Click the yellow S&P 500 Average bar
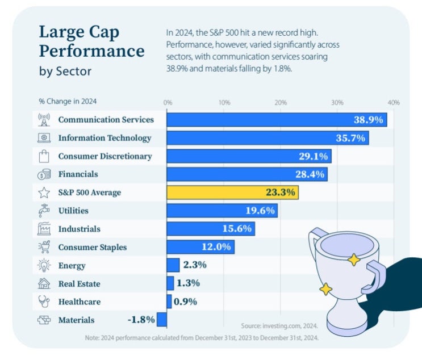tap(232, 192)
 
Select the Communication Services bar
tap(277, 120)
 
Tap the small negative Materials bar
tap(162, 320)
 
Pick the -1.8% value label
tap(141, 320)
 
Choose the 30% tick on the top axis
tap(337, 103)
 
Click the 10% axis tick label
tap(224, 103)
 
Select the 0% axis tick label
tap(168, 103)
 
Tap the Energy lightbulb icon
tap(44, 265)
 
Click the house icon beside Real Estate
tap(44, 283)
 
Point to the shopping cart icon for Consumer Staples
tap(44, 247)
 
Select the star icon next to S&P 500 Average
tap(44, 192)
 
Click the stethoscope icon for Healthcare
tap(44, 302)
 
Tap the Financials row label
tap(78, 174)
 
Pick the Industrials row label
tap(79, 229)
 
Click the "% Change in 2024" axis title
tap(68, 102)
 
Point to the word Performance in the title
tap(91, 52)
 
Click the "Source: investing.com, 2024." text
tap(279, 326)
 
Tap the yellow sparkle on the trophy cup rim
tap(353, 260)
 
